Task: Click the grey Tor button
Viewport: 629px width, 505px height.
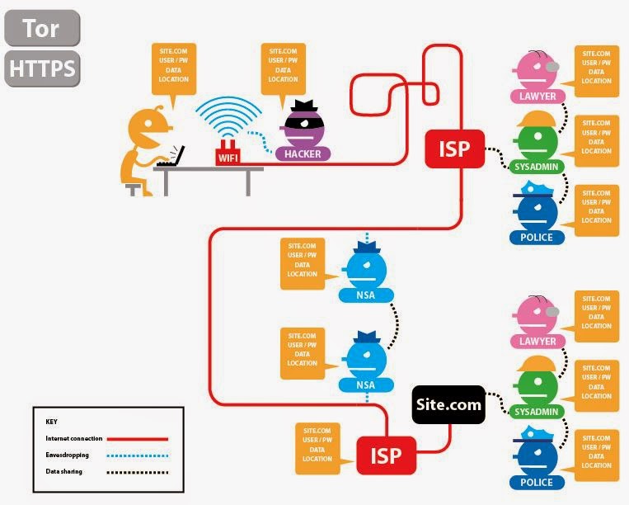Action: point(42,28)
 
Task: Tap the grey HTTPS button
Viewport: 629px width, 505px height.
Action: point(42,68)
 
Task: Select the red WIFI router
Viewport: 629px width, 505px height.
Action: point(228,153)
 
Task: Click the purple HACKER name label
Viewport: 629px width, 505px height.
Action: point(303,153)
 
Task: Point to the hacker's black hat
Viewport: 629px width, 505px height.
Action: point(304,106)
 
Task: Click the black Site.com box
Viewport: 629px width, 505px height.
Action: point(448,404)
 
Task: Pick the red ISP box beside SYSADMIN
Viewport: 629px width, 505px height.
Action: point(454,149)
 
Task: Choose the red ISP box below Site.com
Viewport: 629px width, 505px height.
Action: point(386,455)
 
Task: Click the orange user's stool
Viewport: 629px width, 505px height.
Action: point(134,189)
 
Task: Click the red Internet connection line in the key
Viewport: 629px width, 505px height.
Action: point(138,439)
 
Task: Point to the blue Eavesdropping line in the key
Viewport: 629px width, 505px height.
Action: point(138,455)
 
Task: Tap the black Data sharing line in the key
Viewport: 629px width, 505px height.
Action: point(138,473)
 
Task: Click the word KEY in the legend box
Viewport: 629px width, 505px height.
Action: point(51,422)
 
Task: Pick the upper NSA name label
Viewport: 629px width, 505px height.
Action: point(366,295)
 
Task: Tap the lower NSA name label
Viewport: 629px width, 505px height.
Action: point(366,385)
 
